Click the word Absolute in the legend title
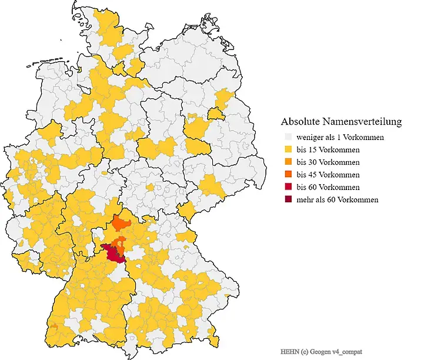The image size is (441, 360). pyautogui.click(x=300, y=122)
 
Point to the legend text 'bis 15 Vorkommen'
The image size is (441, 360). pyautogui.click(x=328, y=150)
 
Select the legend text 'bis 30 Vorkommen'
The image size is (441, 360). pyautogui.click(x=328, y=162)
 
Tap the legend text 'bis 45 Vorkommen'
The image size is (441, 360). pyautogui.click(x=328, y=175)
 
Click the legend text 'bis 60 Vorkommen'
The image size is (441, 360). pyautogui.click(x=328, y=187)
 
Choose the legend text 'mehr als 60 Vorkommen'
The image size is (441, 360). pyautogui.click(x=338, y=200)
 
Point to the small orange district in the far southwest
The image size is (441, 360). pyautogui.click(x=54, y=325)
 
